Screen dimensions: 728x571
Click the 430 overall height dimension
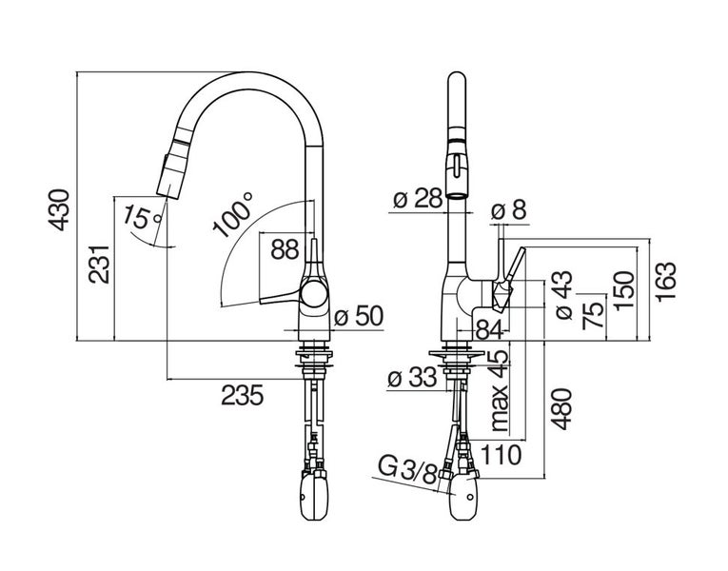[59, 209]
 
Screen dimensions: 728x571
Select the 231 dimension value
[99, 265]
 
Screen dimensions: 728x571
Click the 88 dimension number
[285, 249]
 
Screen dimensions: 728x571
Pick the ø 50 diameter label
[359, 316]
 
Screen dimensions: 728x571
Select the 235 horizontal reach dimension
[243, 396]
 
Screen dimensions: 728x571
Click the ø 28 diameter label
[418, 199]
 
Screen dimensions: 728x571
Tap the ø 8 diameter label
[509, 210]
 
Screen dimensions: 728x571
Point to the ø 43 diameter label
[563, 295]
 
